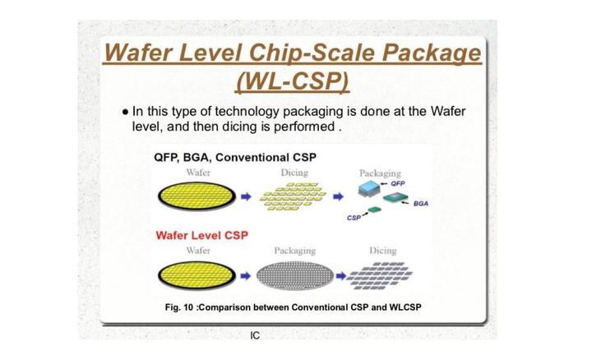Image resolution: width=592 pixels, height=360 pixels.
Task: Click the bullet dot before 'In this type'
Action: [123, 112]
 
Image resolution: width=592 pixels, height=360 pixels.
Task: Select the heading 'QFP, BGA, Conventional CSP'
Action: [234, 157]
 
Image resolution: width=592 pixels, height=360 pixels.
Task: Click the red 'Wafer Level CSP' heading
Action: [201, 235]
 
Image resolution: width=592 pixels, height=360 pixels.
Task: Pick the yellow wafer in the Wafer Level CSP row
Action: [197, 274]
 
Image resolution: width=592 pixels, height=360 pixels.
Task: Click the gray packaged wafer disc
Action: [295, 274]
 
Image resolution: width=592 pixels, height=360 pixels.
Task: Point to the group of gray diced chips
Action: [381, 274]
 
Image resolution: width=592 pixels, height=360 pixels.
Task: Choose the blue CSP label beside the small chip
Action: [354, 217]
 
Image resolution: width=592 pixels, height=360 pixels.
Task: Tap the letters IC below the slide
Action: [255, 337]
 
